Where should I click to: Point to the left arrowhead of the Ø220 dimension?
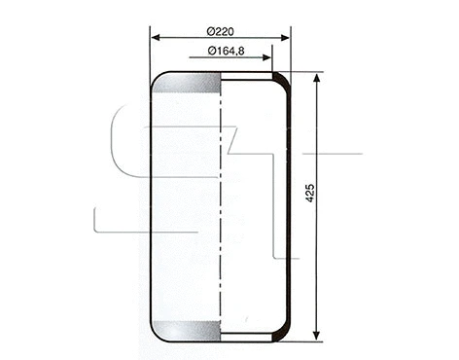click(x=155, y=39)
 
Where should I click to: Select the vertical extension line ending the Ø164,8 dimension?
click(x=271, y=58)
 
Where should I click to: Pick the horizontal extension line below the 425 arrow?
click(x=306, y=342)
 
